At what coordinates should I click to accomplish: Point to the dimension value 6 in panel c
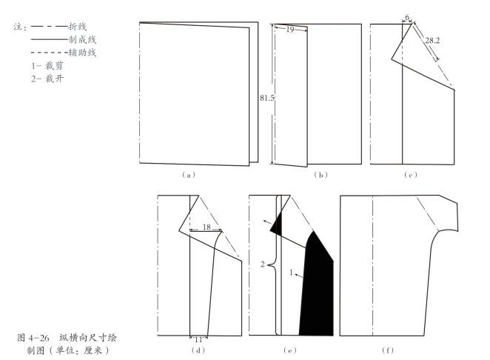point(407,16)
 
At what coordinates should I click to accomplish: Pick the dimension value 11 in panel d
point(198,339)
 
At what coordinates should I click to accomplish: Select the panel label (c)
point(412,175)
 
